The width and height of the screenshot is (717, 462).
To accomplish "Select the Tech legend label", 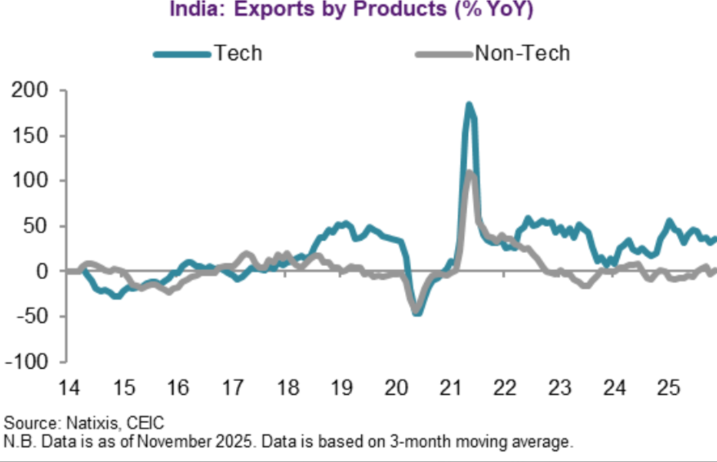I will pyautogui.click(x=238, y=54).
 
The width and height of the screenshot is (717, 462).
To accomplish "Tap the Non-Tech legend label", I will pyautogui.click(x=522, y=54).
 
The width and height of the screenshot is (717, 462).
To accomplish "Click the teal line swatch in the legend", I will pyautogui.click(x=182, y=55).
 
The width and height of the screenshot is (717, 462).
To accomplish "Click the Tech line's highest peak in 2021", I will pyautogui.click(x=469, y=104).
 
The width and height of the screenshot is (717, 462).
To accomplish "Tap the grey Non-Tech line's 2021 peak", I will pyautogui.click(x=470, y=172).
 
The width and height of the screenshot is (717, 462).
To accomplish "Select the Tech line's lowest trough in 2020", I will pyautogui.click(x=417, y=313).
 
